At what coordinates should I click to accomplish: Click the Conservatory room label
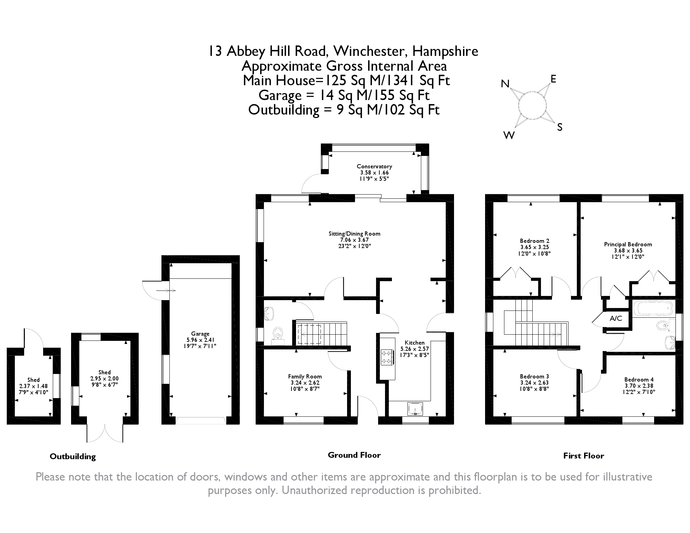[374, 166]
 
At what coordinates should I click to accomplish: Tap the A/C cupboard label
[616, 318]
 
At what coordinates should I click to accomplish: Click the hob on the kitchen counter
[386, 357]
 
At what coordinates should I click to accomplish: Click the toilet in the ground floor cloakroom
[278, 334]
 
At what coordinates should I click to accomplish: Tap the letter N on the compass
[505, 84]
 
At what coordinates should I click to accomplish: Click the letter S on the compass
[560, 128]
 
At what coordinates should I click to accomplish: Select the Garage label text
[200, 334]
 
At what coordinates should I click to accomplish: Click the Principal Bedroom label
[628, 244]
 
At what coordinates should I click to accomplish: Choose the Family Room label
[305, 376]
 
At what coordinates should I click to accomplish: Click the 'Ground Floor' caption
[354, 455]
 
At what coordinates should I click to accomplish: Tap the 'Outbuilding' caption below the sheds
[73, 456]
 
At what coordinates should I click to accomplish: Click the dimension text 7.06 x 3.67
[354, 240]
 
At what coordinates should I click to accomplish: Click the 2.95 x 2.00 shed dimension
[105, 378]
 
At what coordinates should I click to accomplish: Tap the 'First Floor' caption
[584, 456]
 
